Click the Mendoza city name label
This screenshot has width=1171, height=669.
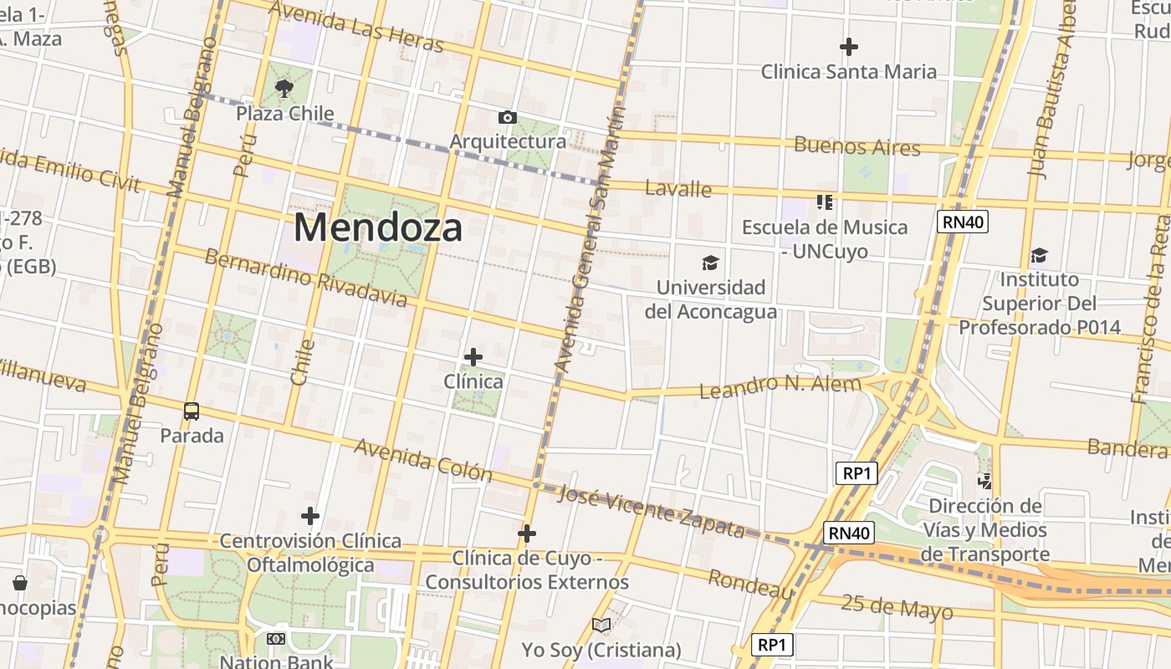(x=377, y=227)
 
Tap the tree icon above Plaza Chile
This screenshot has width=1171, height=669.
(x=284, y=88)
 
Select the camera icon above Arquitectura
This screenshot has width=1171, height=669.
(x=507, y=117)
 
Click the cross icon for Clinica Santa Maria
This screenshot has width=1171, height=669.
(x=849, y=47)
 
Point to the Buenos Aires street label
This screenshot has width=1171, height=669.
(x=857, y=146)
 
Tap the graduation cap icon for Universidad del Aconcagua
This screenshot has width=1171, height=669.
(x=710, y=263)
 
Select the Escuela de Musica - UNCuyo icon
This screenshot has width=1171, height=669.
(x=825, y=202)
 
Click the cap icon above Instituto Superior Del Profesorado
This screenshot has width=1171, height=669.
(x=1039, y=255)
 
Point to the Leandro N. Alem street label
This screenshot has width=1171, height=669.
(x=780, y=387)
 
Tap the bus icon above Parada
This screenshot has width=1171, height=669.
(x=192, y=411)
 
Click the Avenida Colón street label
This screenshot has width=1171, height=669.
(x=423, y=460)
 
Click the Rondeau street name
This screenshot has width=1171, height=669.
(x=750, y=585)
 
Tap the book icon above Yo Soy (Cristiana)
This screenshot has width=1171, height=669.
(x=601, y=625)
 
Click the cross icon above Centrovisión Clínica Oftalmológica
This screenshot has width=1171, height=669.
(x=310, y=516)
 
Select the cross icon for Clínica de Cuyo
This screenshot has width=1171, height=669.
(x=527, y=534)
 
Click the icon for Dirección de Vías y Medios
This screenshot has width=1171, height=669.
(x=985, y=481)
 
